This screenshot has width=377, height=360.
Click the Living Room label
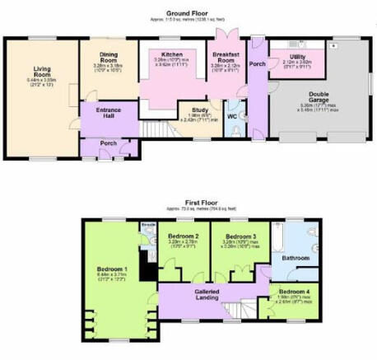tap(43, 73)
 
